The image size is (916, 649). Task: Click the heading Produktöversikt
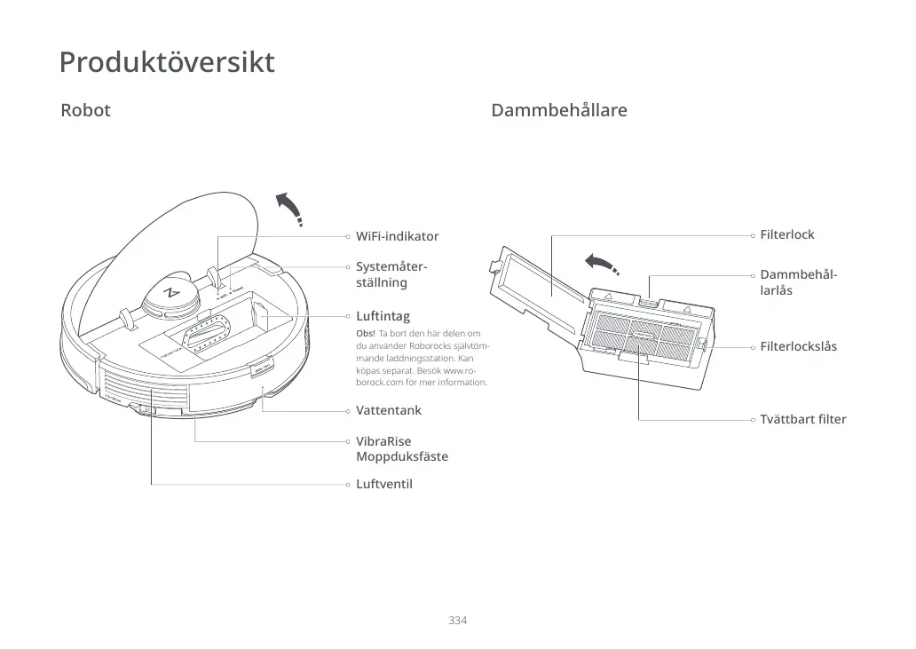click(x=167, y=63)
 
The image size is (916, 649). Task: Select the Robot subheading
click(x=85, y=111)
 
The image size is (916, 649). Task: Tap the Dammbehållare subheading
click(x=558, y=111)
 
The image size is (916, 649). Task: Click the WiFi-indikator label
click(x=397, y=237)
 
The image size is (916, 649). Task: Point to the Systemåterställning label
click(x=391, y=274)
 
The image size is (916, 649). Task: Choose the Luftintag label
click(x=383, y=316)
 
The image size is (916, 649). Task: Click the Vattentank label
click(x=389, y=411)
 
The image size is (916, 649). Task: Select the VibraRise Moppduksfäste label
click(x=401, y=449)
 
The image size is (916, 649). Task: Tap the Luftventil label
click(x=383, y=485)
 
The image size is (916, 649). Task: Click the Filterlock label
click(x=786, y=235)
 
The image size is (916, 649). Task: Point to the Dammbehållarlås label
click(x=798, y=282)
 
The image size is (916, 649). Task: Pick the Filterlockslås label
click(x=798, y=347)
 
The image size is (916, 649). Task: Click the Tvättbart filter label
click(x=802, y=420)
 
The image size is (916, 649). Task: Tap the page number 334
click(x=458, y=620)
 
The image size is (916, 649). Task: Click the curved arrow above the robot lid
click(x=290, y=208)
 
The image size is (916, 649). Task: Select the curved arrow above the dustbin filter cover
click(x=601, y=264)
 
